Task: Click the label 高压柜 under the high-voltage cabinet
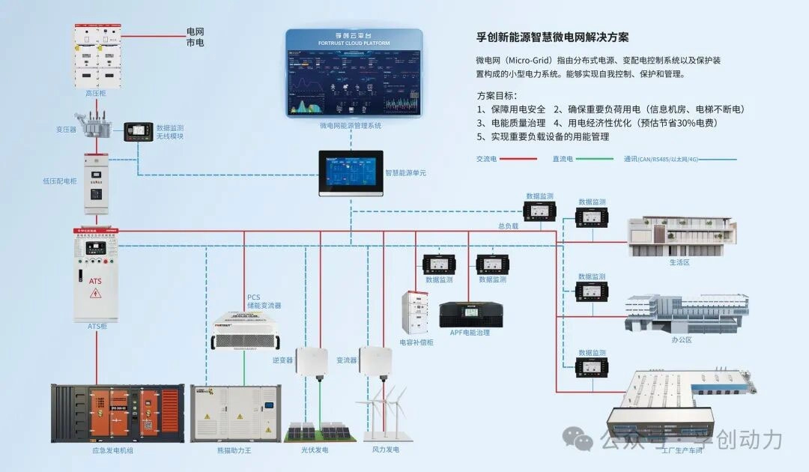point(96,94)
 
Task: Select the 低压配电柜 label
point(60,181)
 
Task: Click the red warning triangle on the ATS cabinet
point(95,294)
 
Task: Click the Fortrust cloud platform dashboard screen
point(354,73)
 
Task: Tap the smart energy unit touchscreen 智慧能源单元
point(351,172)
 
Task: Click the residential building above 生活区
point(679,237)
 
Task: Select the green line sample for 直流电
point(595,159)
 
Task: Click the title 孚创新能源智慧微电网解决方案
point(553,37)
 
